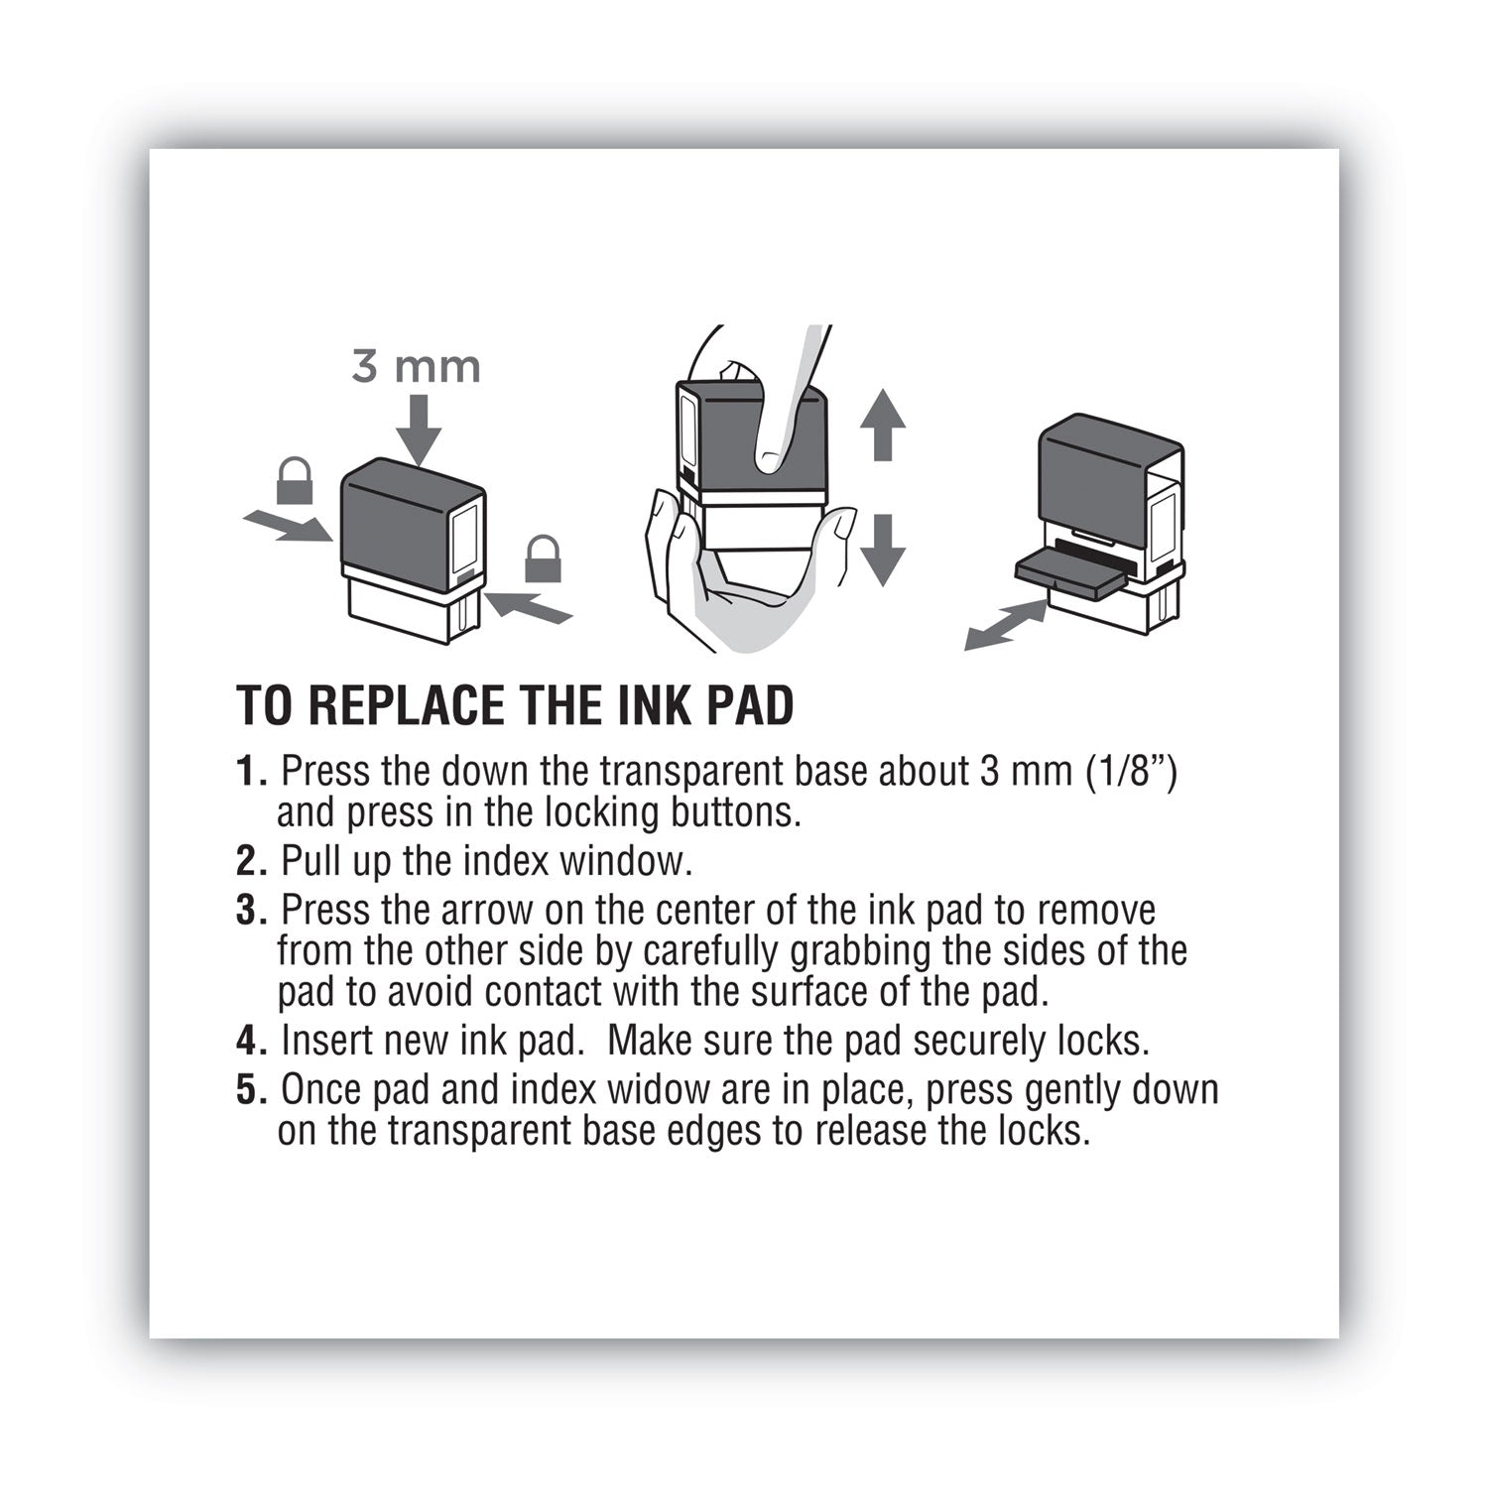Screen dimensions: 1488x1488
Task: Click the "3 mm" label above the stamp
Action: point(417,367)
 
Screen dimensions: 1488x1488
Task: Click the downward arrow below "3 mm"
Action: point(419,430)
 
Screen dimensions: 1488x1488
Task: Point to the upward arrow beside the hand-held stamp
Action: point(882,425)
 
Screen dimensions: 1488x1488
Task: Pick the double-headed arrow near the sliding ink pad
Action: point(1006,626)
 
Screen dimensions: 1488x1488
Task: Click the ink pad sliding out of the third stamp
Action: point(1071,575)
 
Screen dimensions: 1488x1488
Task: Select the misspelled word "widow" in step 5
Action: point(653,1089)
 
